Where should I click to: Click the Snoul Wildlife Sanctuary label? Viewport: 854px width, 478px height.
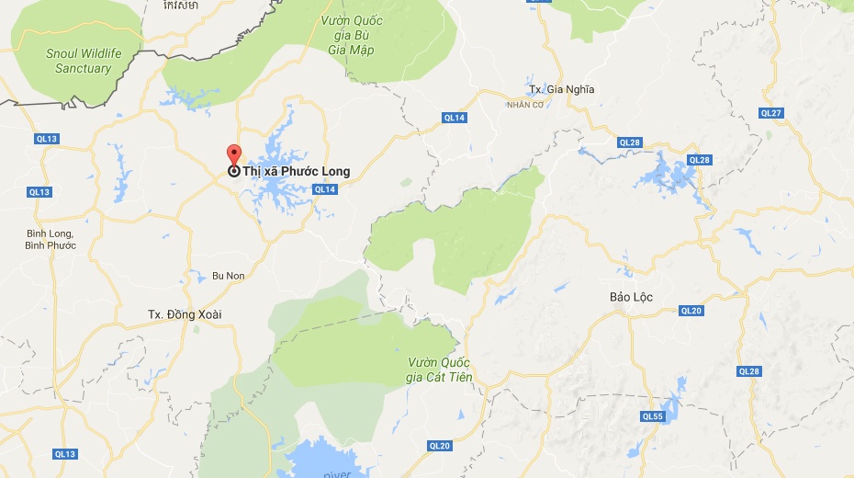84,61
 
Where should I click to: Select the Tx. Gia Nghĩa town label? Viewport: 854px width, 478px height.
561,89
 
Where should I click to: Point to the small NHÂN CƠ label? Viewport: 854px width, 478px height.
525,104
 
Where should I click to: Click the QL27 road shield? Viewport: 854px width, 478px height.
771,112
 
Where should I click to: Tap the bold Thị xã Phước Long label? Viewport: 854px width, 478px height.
296,171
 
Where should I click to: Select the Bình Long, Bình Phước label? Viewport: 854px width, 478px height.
51,239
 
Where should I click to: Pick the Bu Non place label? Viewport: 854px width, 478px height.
228,275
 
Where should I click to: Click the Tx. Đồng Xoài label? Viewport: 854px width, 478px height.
185,314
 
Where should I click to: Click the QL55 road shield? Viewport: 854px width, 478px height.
653,416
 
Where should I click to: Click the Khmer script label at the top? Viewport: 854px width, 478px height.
179,6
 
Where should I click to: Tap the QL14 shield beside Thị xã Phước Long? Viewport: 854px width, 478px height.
325,189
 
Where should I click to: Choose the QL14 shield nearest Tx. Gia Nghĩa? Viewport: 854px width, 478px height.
455,118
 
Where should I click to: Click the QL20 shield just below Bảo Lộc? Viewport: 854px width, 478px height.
691,311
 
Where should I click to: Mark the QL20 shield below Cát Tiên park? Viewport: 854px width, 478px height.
440,446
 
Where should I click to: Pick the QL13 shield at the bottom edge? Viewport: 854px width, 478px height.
64,454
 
